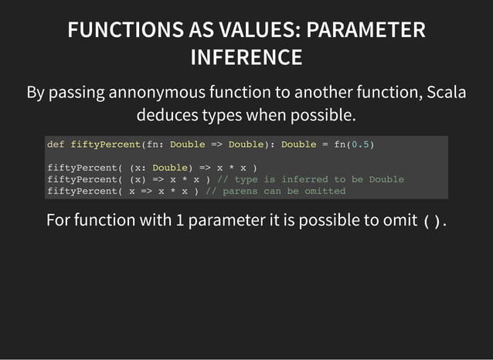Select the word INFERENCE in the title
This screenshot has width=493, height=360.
tap(246, 57)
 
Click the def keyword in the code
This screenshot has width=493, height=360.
tap(56, 144)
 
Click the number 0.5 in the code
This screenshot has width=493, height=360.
tap(360, 144)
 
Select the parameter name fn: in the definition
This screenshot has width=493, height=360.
tap(153, 144)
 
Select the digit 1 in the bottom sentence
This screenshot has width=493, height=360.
tap(179, 221)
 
